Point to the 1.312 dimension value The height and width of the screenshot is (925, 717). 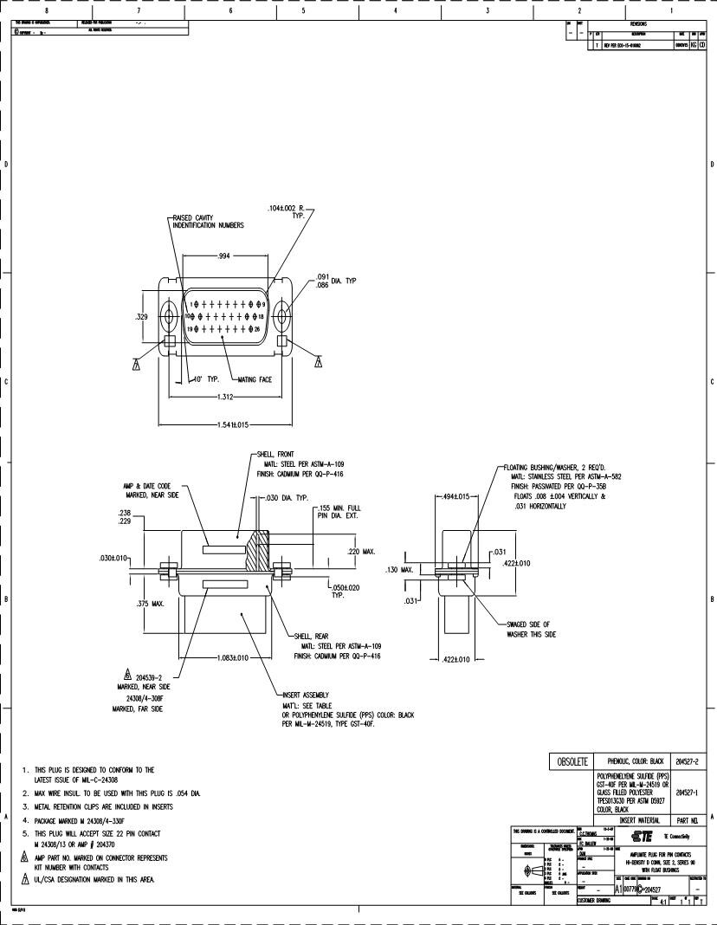pyautogui.click(x=223, y=398)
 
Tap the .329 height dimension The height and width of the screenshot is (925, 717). pyautogui.click(x=141, y=317)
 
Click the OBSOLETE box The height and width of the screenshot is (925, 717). pyautogui.click(x=571, y=762)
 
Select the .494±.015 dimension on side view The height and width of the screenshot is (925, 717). pyautogui.click(x=455, y=496)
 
